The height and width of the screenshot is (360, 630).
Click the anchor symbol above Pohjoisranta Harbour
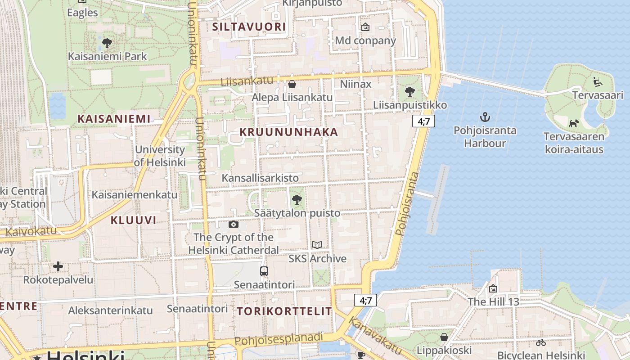[485, 117]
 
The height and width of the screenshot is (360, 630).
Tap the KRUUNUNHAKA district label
[288, 132]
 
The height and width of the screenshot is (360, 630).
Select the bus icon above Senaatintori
[264, 271]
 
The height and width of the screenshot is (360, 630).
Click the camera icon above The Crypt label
[233, 224]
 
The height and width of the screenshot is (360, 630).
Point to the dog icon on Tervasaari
[573, 123]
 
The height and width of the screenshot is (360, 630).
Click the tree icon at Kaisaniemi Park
[107, 43]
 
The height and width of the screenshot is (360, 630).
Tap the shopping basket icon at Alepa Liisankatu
[292, 84]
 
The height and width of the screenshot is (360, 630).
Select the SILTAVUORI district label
[249, 27]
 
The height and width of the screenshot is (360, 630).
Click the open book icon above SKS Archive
[317, 245]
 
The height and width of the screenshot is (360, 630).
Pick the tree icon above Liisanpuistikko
[409, 92]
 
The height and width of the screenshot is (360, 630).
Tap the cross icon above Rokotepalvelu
[58, 266]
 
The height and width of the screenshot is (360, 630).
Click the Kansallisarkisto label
[260, 178]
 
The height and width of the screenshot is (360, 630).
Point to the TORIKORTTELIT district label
[284, 311]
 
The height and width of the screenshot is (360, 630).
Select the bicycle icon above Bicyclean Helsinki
[540, 342]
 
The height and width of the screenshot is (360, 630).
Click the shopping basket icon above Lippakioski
[444, 337]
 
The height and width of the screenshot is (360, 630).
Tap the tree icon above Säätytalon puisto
[297, 199]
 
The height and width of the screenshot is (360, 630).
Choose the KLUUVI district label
[133, 220]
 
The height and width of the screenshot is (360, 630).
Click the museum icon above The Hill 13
[493, 288]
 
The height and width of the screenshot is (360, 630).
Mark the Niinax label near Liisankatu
[355, 84]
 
